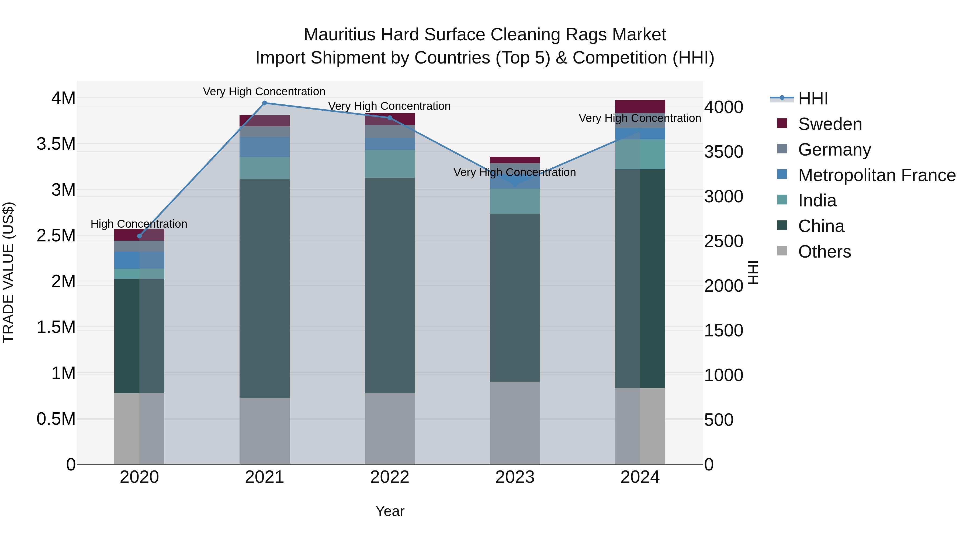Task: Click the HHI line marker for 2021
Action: [x=264, y=103]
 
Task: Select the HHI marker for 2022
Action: [x=390, y=118]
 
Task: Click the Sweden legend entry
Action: [x=830, y=124]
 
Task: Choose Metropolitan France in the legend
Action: [x=877, y=175]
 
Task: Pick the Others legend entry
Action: [x=824, y=252]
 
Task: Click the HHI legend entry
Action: [x=813, y=99]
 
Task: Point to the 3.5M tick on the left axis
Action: [x=56, y=144]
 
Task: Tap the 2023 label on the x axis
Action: [x=515, y=477]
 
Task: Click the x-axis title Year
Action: [x=390, y=511]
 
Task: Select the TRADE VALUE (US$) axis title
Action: [x=8, y=272]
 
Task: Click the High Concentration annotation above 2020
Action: [x=139, y=224]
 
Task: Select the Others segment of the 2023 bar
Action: [x=515, y=423]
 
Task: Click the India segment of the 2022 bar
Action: [x=390, y=164]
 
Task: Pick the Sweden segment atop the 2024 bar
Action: [x=640, y=106]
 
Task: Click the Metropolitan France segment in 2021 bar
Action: [x=264, y=147]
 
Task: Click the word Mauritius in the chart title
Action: [x=339, y=35]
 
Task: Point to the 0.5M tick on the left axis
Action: [x=56, y=419]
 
